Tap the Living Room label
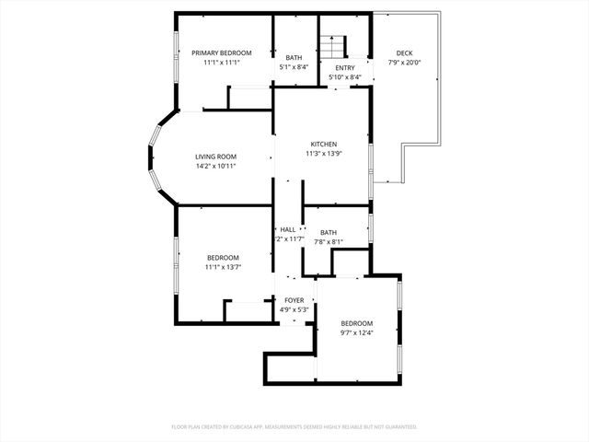pyautogui.click(x=215, y=157)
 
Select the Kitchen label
pyautogui.click(x=323, y=145)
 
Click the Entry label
pyautogui.click(x=345, y=68)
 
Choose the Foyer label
pyautogui.click(x=294, y=300)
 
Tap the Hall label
pyautogui.click(x=288, y=229)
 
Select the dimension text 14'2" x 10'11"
pyautogui.click(x=215, y=167)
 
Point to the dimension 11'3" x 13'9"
pyautogui.click(x=323, y=154)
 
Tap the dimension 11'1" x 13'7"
pyautogui.click(x=223, y=267)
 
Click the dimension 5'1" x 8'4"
pyautogui.click(x=294, y=67)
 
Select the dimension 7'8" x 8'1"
pyautogui.click(x=329, y=242)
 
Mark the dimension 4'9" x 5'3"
pyautogui.click(x=294, y=310)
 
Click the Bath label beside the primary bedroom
pyautogui.click(x=294, y=58)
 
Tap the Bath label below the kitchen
pyautogui.click(x=329, y=233)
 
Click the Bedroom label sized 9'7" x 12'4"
pyautogui.click(x=357, y=323)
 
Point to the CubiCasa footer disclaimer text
pyautogui.click(x=294, y=427)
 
